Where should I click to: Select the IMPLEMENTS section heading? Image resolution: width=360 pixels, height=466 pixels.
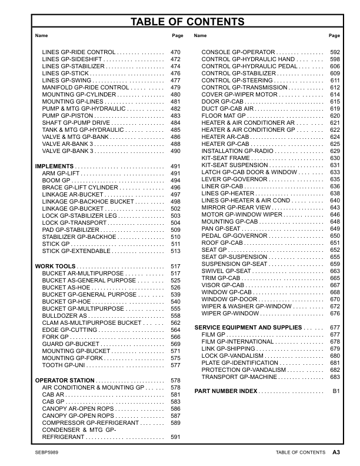(55, 167)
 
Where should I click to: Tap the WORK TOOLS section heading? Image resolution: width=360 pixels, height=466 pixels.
(55, 267)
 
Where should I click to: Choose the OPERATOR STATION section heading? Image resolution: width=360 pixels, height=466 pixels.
(65, 381)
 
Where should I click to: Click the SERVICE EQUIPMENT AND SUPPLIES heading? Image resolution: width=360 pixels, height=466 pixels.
(248, 327)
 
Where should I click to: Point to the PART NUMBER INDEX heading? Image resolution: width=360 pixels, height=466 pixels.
(226, 391)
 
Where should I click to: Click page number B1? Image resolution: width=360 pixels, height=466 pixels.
(336, 391)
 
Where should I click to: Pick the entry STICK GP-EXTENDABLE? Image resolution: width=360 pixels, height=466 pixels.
(75, 251)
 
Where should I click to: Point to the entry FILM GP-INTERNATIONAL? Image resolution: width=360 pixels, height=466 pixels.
(238, 342)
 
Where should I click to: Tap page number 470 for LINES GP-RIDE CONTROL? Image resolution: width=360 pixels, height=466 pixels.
(175, 52)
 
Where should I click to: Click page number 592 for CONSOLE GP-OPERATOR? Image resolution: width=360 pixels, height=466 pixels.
(335, 52)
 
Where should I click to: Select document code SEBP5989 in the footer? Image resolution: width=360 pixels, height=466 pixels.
(48, 452)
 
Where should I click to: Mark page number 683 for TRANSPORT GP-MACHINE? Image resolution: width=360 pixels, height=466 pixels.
(335, 377)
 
